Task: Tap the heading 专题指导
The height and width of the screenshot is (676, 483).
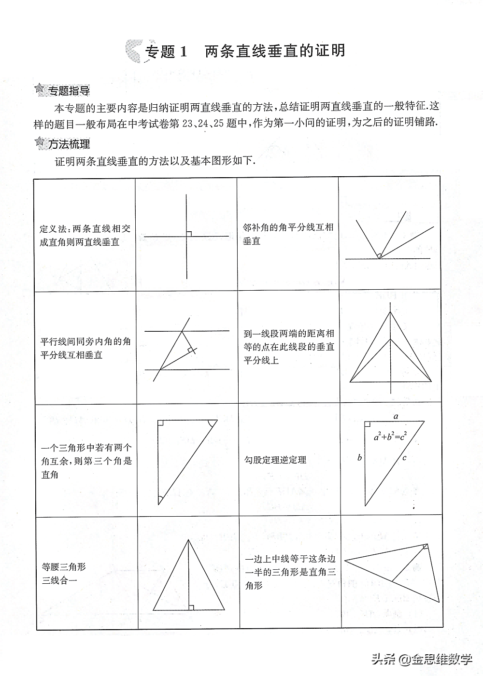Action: [68, 90]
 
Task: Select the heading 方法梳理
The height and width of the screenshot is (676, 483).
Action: [68, 143]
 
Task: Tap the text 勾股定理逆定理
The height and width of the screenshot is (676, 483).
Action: [275, 460]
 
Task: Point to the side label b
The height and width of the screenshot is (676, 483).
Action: [359, 458]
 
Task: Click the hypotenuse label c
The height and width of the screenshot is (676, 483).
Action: [404, 458]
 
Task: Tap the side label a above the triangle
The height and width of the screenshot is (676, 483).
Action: [396, 416]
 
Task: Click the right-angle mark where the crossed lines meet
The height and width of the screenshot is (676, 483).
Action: [189, 234]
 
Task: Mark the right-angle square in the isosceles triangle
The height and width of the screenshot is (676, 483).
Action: [191, 607]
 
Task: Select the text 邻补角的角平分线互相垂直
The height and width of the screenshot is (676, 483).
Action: [288, 234]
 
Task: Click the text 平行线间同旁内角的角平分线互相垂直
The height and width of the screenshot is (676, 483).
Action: [85, 348]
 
